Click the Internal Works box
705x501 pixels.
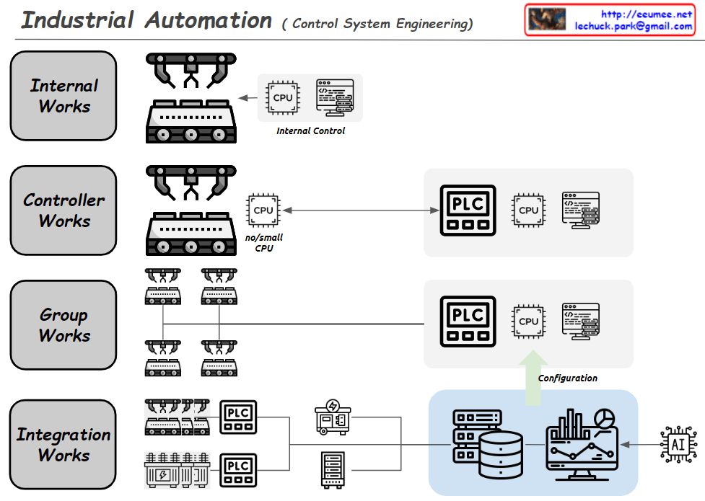coord(64,96)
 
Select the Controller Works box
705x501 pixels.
coord(64,210)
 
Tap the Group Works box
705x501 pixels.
coord(64,325)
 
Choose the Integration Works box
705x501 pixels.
coord(64,445)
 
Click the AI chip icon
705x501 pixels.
coord(678,444)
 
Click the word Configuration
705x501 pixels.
coord(568,378)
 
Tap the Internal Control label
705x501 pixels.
coord(310,131)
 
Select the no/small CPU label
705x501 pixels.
coord(263,243)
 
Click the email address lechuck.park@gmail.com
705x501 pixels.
coord(633,26)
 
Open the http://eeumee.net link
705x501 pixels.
coord(646,14)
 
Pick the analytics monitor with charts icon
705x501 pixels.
coord(582,442)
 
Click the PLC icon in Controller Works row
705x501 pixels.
coord(468,210)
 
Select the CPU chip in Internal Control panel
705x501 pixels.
coord(283,97)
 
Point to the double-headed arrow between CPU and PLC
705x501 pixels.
coord(361,210)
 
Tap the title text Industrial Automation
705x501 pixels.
coord(146,20)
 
